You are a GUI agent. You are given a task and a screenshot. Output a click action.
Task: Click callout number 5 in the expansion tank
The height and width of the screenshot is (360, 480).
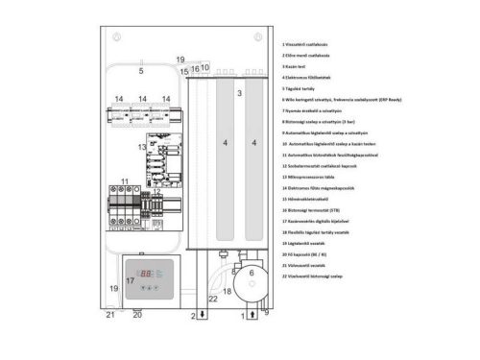(140, 71)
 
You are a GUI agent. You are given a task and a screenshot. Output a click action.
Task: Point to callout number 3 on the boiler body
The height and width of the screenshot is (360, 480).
(239, 95)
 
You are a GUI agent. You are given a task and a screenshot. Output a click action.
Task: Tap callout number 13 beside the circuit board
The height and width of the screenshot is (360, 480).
(142, 147)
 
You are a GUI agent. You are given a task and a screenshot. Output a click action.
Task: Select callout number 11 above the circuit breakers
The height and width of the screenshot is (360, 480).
(125, 181)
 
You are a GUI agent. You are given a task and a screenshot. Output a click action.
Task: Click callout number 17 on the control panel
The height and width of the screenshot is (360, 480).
(131, 280)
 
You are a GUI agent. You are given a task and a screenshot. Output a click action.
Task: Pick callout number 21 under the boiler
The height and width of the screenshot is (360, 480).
(109, 314)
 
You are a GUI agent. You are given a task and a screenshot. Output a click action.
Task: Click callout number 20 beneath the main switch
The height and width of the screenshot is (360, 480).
(136, 314)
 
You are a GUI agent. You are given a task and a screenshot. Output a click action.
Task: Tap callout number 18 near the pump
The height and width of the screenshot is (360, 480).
(228, 290)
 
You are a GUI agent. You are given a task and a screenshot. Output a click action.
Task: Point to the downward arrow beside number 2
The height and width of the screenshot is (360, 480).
(203, 315)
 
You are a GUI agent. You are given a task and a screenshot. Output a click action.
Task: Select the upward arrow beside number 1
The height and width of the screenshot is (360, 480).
(252, 314)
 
